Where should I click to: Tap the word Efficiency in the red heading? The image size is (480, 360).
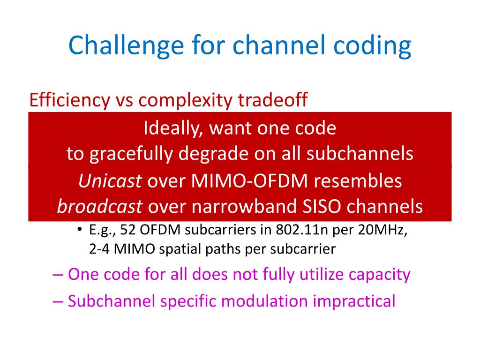(65, 100)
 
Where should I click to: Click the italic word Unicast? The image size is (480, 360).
(110, 181)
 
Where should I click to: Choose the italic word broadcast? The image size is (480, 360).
(100, 207)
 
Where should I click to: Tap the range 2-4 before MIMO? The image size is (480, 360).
(99, 249)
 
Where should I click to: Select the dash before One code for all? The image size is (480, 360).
(58, 274)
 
